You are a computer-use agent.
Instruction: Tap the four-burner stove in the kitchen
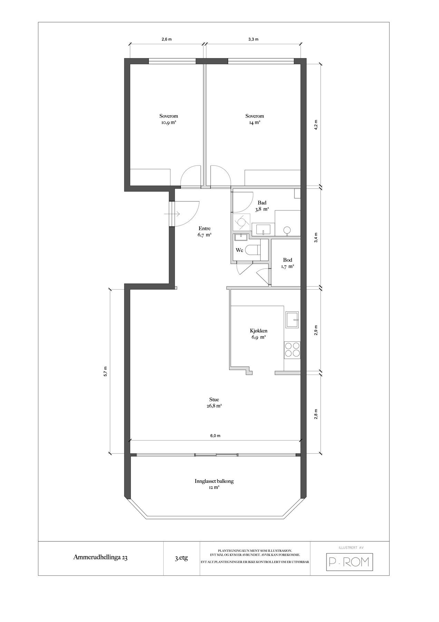point(292,349)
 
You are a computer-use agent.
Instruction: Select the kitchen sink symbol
point(292,320)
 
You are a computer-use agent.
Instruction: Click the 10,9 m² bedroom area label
point(168,119)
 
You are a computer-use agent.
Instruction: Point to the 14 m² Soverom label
point(254,119)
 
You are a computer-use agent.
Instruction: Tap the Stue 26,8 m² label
point(214,403)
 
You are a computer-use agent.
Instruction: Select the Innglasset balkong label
point(214,484)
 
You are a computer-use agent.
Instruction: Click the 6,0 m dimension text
point(215,436)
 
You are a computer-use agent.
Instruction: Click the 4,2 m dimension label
point(315,124)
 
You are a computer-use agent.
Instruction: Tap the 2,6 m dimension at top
point(166,39)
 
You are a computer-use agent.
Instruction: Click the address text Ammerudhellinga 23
point(100,557)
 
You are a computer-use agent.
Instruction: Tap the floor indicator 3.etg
point(181,558)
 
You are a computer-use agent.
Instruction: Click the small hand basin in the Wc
point(241,237)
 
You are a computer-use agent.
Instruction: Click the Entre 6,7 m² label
point(204,231)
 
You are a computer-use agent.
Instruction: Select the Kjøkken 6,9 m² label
point(258,333)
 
